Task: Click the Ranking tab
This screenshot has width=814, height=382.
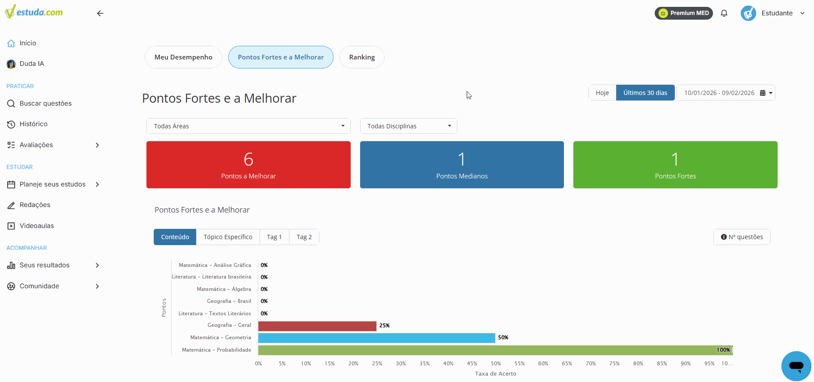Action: tap(362, 57)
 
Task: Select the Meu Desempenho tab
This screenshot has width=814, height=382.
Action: tap(183, 57)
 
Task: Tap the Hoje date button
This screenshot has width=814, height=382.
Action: tap(602, 93)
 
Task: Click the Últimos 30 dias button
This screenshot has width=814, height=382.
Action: tap(645, 93)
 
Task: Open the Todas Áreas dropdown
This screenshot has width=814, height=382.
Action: tap(248, 126)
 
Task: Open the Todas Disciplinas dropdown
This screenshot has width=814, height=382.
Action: tap(408, 126)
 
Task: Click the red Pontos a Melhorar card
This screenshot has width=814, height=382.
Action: tap(248, 165)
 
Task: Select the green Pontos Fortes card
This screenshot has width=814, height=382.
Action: tap(675, 165)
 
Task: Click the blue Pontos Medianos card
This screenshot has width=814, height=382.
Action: tap(462, 165)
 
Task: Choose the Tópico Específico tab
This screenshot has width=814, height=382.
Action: tap(228, 237)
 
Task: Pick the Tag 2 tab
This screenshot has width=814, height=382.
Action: tap(304, 237)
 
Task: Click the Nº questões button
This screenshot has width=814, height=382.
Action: tap(742, 237)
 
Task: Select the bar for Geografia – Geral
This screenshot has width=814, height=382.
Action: tap(317, 326)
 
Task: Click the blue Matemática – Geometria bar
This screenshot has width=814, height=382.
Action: tap(377, 338)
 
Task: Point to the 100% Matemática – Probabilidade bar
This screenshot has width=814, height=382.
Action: tap(495, 350)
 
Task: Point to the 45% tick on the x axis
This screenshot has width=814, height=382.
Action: tap(472, 364)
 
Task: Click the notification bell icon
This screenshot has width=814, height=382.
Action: tap(724, 13)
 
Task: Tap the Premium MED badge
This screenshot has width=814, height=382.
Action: tap(684, 13)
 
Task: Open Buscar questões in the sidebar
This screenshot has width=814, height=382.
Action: tap(45, 104)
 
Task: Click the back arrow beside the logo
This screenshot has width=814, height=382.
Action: tap(100, 13)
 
